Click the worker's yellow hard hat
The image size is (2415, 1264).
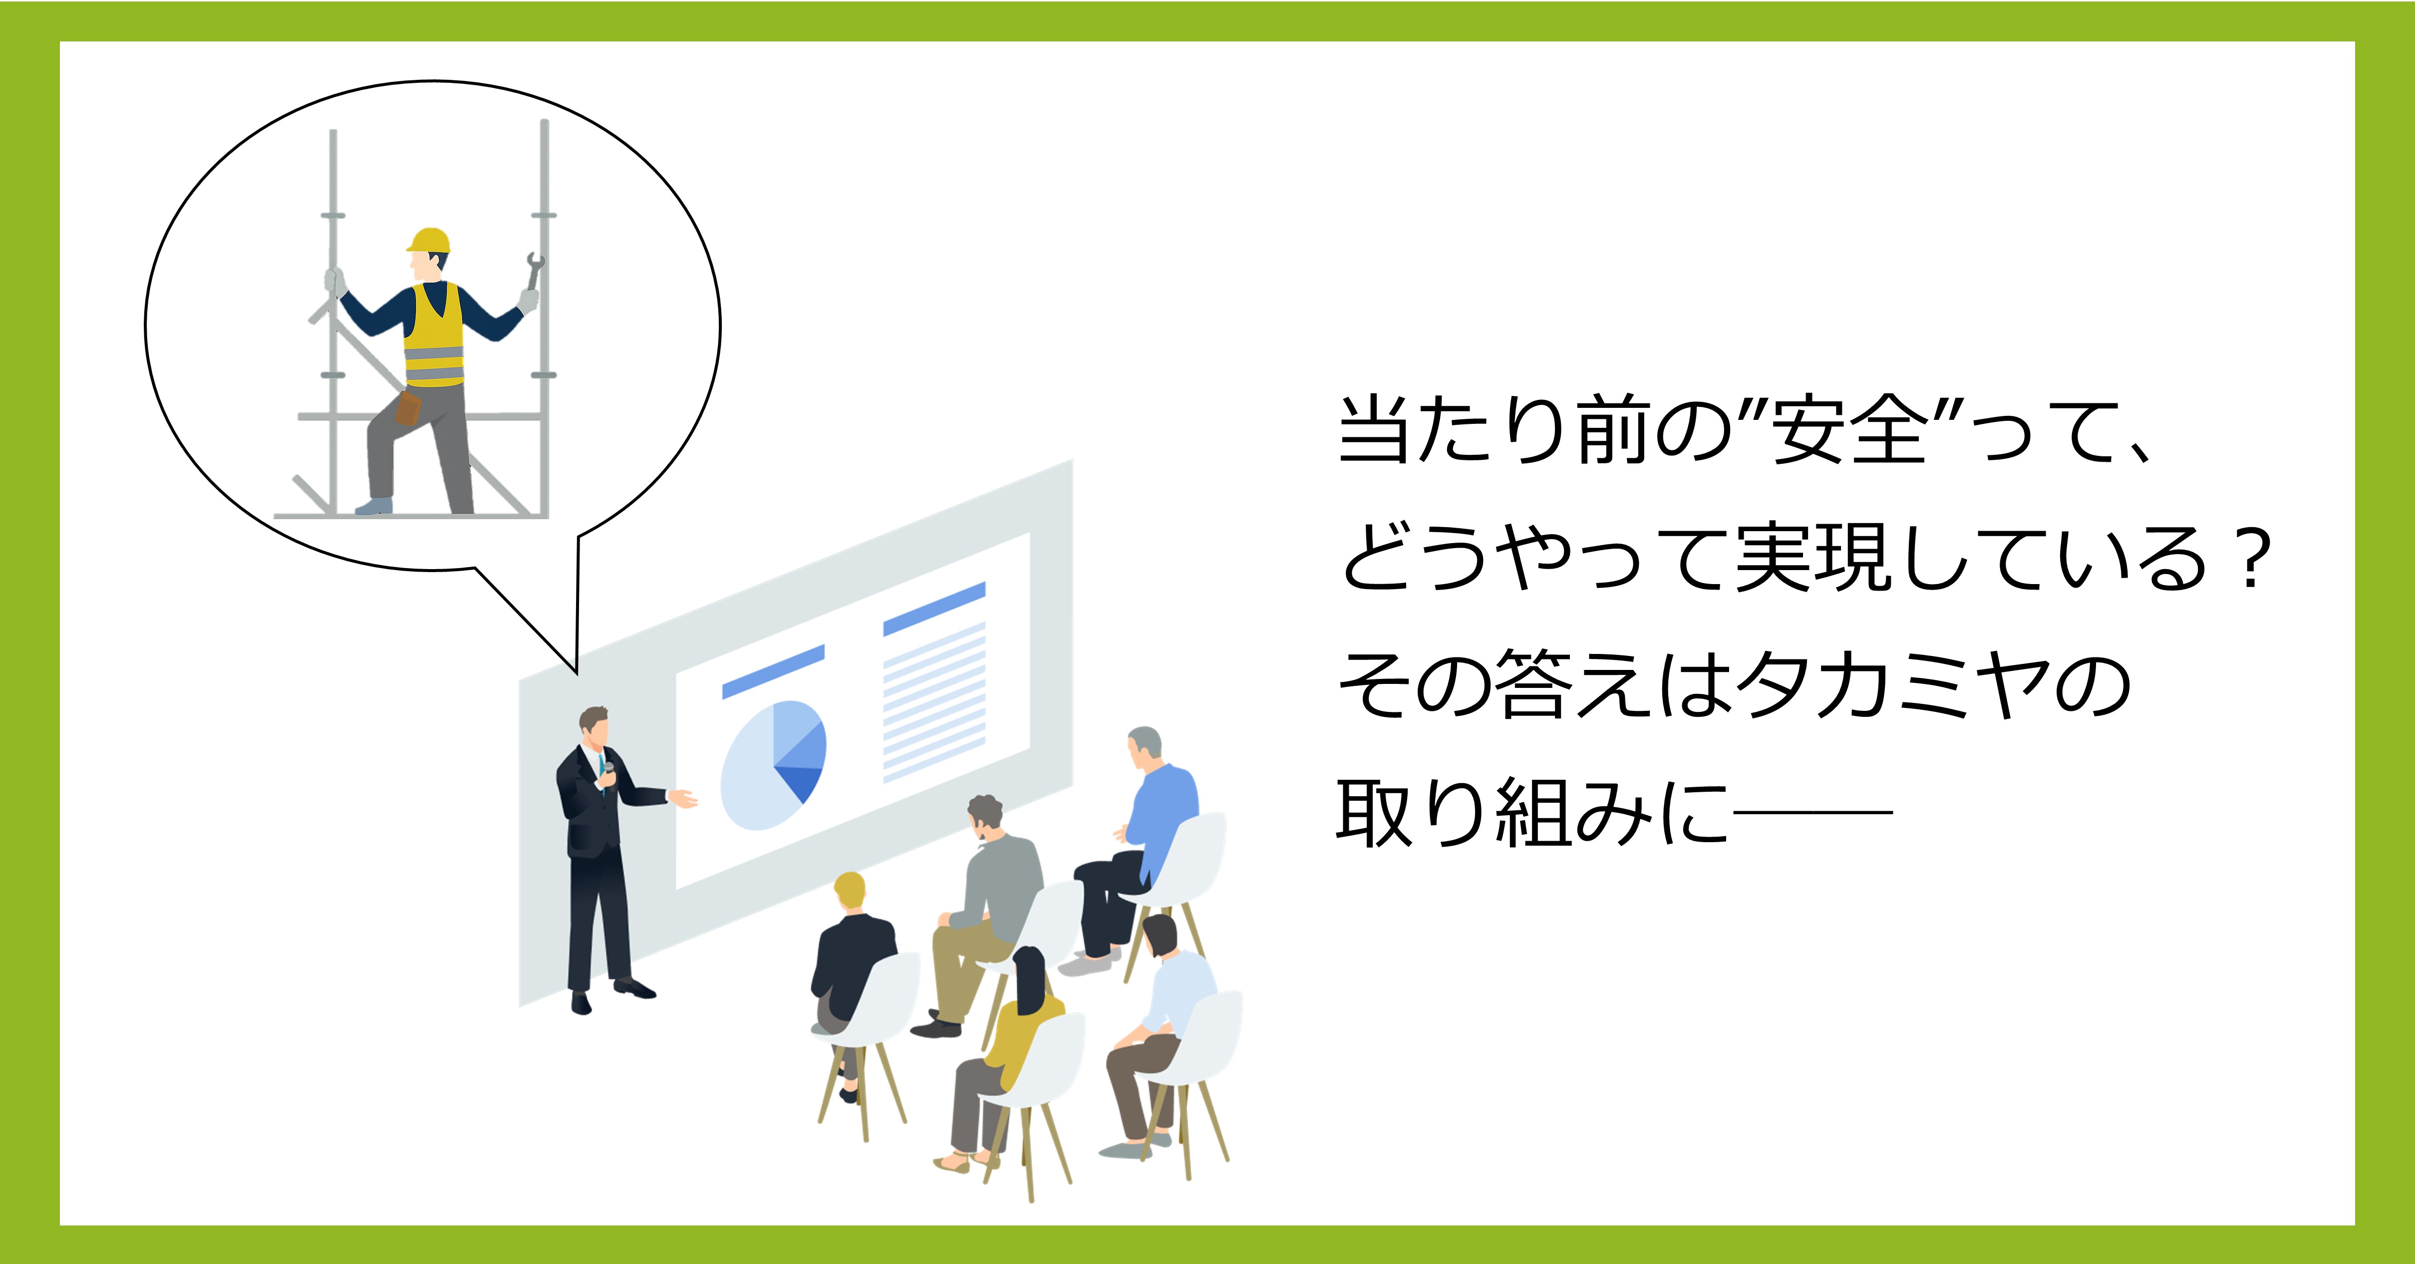click(x=429, y=241)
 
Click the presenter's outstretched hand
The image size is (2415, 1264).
click(x=682, y=798)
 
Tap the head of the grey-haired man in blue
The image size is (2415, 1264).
click(x=1145, y=747)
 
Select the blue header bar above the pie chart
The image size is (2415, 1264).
click(x=773, y=671)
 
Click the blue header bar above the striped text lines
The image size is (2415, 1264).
click(x=934, y=609)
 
